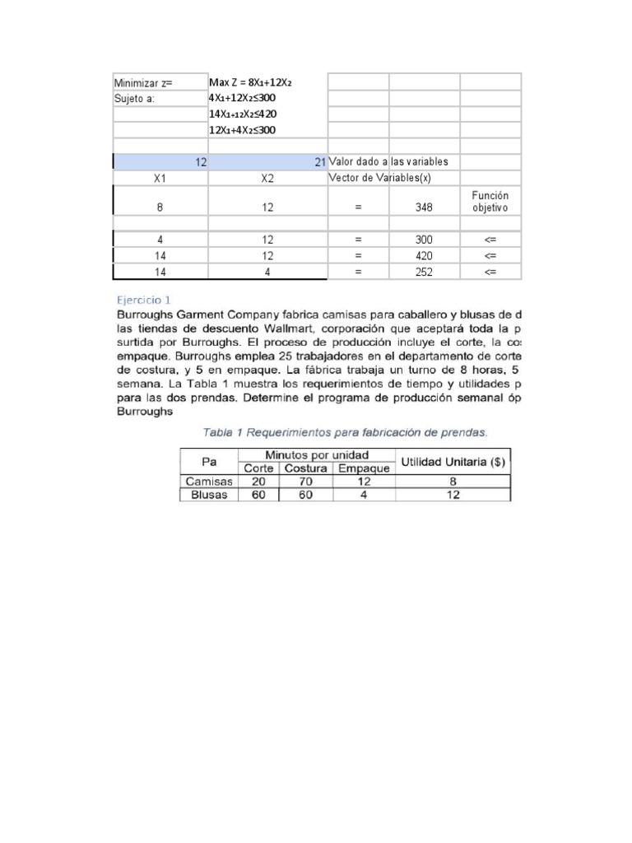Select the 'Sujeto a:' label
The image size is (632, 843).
pyautogui.click(x=134, y=99)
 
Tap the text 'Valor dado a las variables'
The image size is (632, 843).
pyautogui.click(x=388, y=161)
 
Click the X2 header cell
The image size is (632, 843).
pyautogui.click(x=267, y=178)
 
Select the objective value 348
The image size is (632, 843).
pyautogui.click(x=424, y=208)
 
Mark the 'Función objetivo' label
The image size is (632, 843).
pyautogui.click(x=490, y=202)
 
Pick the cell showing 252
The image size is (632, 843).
pyautogui.click(x=424, y=272)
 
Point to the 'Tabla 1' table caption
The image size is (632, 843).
pyautogui.click(x=345, y=431)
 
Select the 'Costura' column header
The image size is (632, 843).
pyautogui.click(x=305, y=468)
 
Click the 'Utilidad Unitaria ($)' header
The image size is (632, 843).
pyautogui.click(x=453, y=462)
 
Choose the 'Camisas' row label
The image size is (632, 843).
pyautogui.click(x=209, y=482)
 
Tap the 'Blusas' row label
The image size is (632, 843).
pyautogui.click(x=209, y=495)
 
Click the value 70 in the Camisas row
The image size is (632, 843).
pyautogui.click(x=305, y=482)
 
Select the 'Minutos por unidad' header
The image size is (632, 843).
pyautogui.click(x=317, y=454)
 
